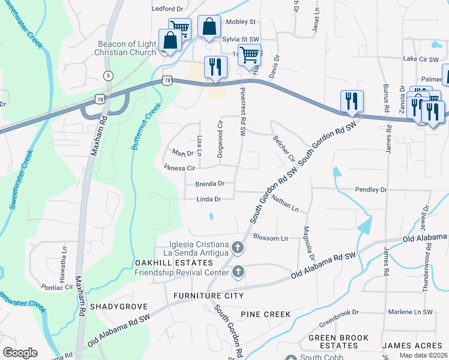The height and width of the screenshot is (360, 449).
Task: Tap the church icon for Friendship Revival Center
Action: pyautogui.click(x=238, y=272)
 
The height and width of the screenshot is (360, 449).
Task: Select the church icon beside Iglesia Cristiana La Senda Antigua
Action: pyautogui.click(x=238, y=247)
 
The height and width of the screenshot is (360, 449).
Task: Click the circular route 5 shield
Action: pyautogui.click(x=108, y=75)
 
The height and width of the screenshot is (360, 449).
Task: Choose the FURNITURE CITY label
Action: pyautogui.click(x=208, y=296)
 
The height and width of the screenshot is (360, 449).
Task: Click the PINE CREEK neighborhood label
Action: pyautogui.click(x=265, y=314)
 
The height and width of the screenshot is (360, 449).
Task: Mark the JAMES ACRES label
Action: pyautogui.click(x=414, y=346)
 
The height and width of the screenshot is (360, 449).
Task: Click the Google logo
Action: pyautogui.click(x=20, y=353)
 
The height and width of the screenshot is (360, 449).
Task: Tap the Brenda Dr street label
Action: pyautogui.click(x=209, y=184)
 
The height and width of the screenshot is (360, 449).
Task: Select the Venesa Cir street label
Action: pyautogui.click(x=180, y=169)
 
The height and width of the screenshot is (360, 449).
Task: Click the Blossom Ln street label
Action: pyautogui.click(x=271, y=238)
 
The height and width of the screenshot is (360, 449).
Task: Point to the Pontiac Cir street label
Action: pyautogui.click(x=57, y=287)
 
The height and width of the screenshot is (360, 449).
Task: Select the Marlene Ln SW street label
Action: pyautogui.click(x=411, y=312)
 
